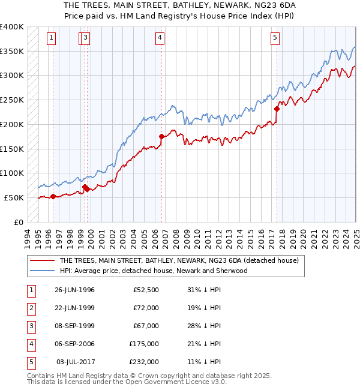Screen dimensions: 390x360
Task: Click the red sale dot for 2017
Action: click(x=277, y=109)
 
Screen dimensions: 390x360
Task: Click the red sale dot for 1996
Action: click(x=53, y=196)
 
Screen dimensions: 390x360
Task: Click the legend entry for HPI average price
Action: click(x=154, y=271)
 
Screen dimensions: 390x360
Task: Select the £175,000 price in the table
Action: click(x=144, y=344)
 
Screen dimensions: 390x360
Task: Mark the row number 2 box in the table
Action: click(x=31, y=308)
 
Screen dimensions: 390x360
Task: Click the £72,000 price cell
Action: click(x=146, y=308)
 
